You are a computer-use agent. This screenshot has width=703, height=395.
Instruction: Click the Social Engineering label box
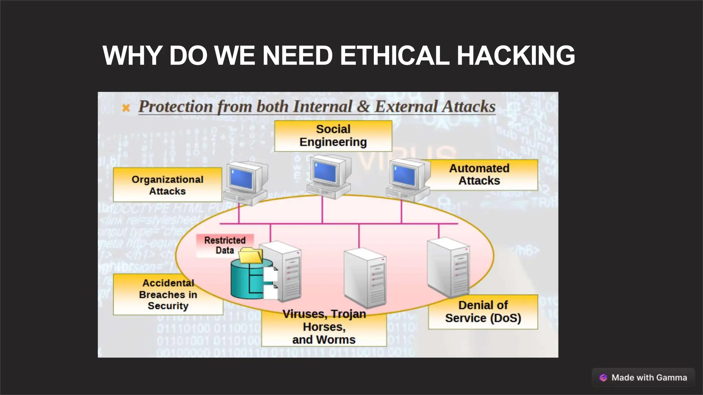point(333,136)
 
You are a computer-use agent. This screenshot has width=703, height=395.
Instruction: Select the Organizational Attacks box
point(168,185)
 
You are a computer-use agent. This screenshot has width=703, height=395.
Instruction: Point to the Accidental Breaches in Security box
point(168,295)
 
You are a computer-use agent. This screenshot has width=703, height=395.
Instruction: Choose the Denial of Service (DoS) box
point(483,312)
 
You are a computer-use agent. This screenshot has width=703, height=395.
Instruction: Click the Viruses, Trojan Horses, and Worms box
point(324,327)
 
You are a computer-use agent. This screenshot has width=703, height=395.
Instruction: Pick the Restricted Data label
point(225,245)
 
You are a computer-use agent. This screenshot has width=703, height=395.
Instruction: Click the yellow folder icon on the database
point(251,256)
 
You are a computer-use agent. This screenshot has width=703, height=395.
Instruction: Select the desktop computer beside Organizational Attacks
point(245,183)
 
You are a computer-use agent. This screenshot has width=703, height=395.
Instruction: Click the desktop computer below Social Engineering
point(329,177)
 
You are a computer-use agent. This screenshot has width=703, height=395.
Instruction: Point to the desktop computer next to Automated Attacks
point(408,180)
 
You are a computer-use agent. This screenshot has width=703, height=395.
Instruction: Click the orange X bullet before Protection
point(126,108)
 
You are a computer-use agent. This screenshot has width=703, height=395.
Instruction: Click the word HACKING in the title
point(516,56)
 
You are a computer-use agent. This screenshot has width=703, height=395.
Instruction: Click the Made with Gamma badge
point(643,378)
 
